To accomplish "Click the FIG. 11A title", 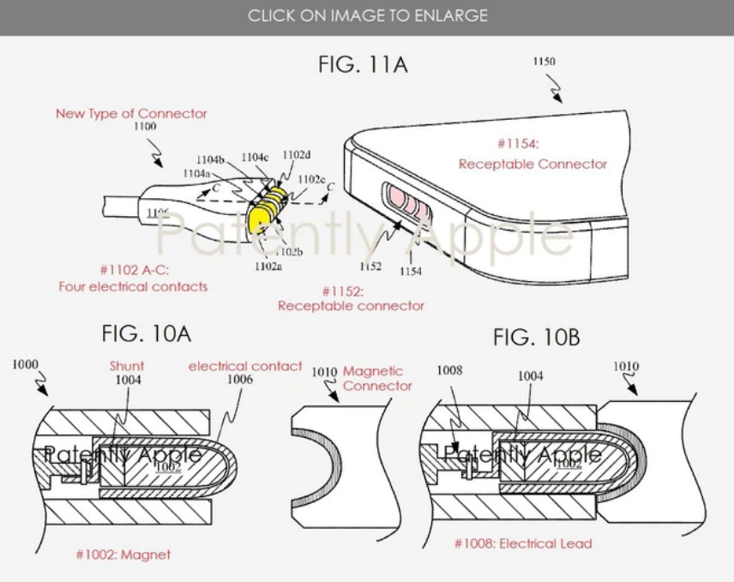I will tap(363, 65).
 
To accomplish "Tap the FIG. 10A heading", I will tap(146, 333).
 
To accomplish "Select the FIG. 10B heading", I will tap(536, 338).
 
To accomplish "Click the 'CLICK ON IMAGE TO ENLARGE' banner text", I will tap(367, 15).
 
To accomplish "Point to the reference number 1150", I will tap(544, 62).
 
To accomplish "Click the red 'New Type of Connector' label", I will tap(131, 113).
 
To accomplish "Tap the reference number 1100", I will tap(145, 126).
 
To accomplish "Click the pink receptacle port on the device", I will tap(402, 202).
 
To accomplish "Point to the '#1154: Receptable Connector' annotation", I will tap(532, 156).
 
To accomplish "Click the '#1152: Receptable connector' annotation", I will tap(351, 298).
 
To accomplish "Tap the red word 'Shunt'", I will tap(127, 366).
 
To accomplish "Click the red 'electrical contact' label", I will tap(245, 366).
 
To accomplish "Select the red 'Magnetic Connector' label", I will tap(377, 378).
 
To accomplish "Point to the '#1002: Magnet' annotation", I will tap(123, 555).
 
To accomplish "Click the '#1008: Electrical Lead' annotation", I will tap(522, 543).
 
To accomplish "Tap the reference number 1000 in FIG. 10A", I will tap(25, 365).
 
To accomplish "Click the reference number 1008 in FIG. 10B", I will tap(448, 370).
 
